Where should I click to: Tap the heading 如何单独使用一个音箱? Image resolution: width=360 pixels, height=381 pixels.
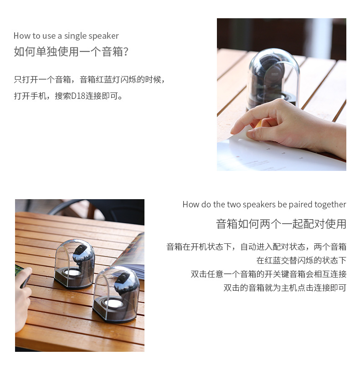71,51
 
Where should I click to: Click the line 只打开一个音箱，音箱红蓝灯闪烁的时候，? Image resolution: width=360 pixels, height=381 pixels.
89,79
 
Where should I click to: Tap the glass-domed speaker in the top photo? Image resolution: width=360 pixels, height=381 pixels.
273,80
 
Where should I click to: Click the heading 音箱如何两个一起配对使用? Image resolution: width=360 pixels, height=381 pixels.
281,224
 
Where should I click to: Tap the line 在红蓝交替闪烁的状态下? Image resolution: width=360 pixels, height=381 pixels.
301,261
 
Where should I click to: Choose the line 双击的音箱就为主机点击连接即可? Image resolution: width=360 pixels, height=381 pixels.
285,288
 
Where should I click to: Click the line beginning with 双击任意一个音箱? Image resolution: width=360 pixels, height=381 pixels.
268,274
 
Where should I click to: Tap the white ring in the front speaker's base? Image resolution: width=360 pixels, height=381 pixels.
113,303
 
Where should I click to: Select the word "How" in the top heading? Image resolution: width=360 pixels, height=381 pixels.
21,36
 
